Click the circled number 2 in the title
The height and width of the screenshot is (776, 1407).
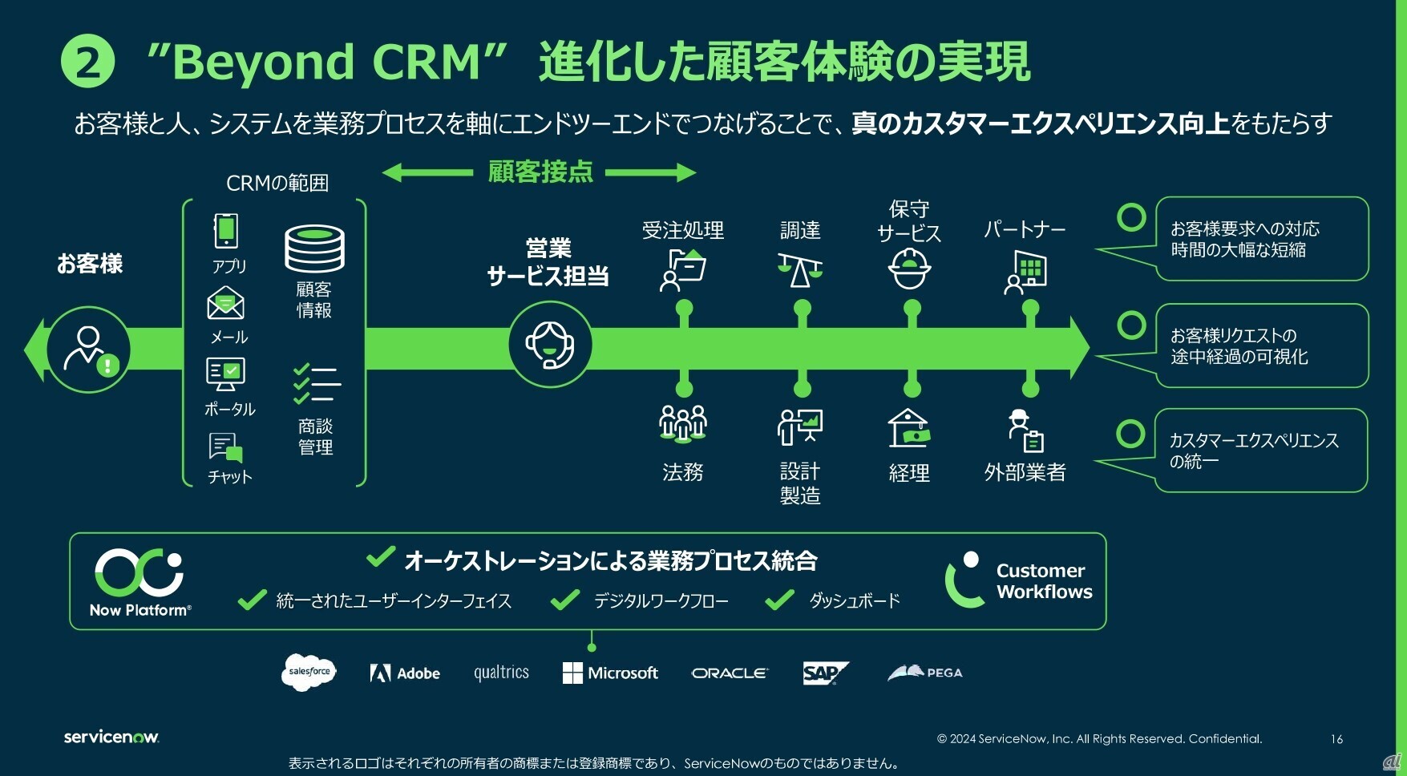tap(87, 63)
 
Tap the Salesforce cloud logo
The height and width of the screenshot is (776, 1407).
tap(309, 672)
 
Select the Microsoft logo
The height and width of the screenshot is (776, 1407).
tap(610, 673)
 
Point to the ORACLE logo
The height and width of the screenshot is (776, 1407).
tap(730, 673)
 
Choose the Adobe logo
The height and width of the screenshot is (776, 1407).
tap(405, 673)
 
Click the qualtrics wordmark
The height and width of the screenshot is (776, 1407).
tap(501, 673)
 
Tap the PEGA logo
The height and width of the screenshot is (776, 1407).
tap(925, 673)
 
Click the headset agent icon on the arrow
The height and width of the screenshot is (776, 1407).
tap(550, 346)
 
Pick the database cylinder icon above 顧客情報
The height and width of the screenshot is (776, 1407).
tap(314, 249)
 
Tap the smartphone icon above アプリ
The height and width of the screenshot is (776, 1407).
tap(226, 231)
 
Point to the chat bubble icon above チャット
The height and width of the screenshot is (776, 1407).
tap(226, 447)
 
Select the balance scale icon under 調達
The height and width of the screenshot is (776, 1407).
tap(799, 269)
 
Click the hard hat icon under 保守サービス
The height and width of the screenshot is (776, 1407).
tap(909, 269)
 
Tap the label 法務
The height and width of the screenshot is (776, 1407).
tap(683, 472)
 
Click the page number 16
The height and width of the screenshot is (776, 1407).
tap(1336, 739)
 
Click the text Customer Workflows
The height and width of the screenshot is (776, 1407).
tap(1044, 581)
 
